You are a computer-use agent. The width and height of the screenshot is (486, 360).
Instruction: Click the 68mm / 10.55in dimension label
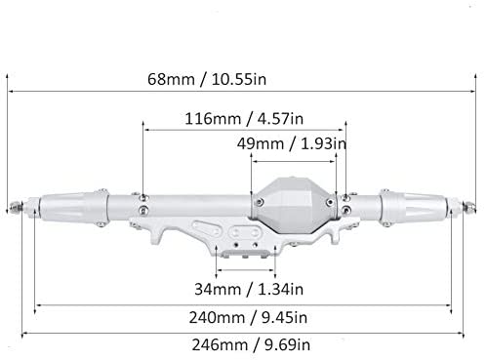click(x=207, y=79)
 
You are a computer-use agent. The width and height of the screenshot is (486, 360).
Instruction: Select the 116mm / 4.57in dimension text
click(x=244, y=119)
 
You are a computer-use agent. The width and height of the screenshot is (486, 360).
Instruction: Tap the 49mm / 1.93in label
click(x=292, y=143)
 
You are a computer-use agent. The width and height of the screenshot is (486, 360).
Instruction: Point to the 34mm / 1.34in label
click(x=249, y=289)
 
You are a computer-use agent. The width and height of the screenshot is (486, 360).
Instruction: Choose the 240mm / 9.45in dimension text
click(x=248, y=318)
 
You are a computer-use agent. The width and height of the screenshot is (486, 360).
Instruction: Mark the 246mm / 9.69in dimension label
click(x=251, y=345)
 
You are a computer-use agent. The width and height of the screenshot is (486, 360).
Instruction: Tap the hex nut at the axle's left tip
click(x=16, y=206)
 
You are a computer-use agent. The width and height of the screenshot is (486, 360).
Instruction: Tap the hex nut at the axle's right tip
click(x=468, y=206)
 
